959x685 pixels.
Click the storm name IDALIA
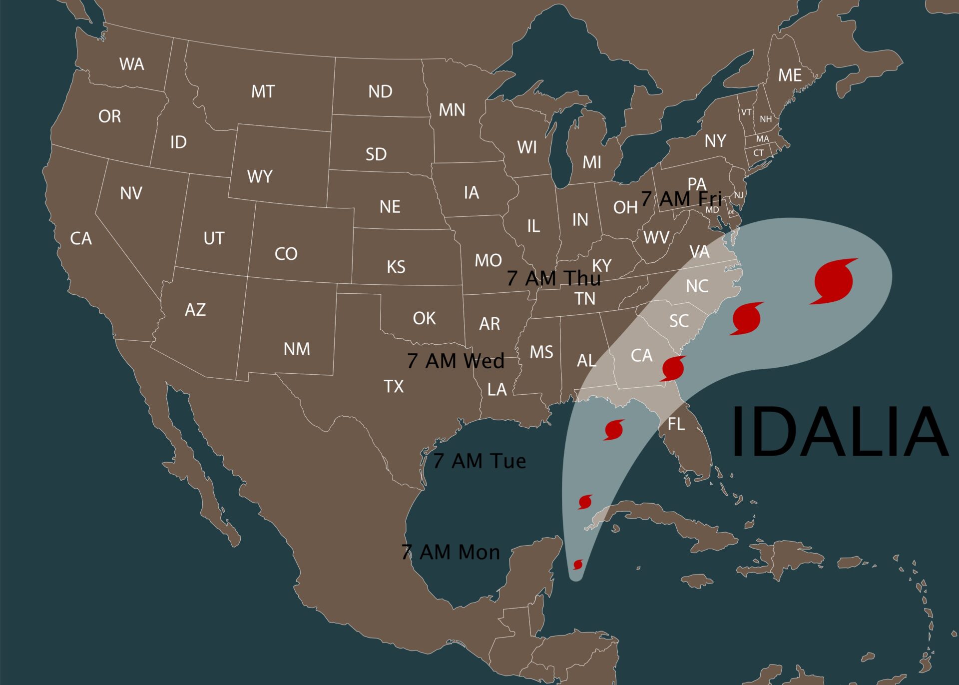pos(839,432)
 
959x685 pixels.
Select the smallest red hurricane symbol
pos(578,564)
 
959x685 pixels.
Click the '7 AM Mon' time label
pos(451,552)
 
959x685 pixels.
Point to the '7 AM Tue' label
pos(479,461)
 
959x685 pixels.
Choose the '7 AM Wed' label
pos(456,361)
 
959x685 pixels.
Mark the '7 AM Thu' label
pos(553,278)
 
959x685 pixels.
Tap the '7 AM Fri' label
pos(681,199)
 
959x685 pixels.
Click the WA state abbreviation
pos(132,64)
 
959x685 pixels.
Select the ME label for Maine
pos(790,75)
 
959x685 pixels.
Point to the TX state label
pos(394,386)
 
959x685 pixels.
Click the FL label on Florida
pos(676,424)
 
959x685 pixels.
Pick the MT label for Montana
pos(263,91)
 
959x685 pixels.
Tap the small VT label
pos(746,112)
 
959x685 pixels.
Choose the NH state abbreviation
pos(766,119)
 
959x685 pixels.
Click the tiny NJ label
pos(739,195)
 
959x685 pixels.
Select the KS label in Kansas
pos(396,267)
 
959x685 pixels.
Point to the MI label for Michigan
pos(592,162)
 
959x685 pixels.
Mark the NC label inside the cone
pos(697,286)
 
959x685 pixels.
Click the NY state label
pos(715,141)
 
